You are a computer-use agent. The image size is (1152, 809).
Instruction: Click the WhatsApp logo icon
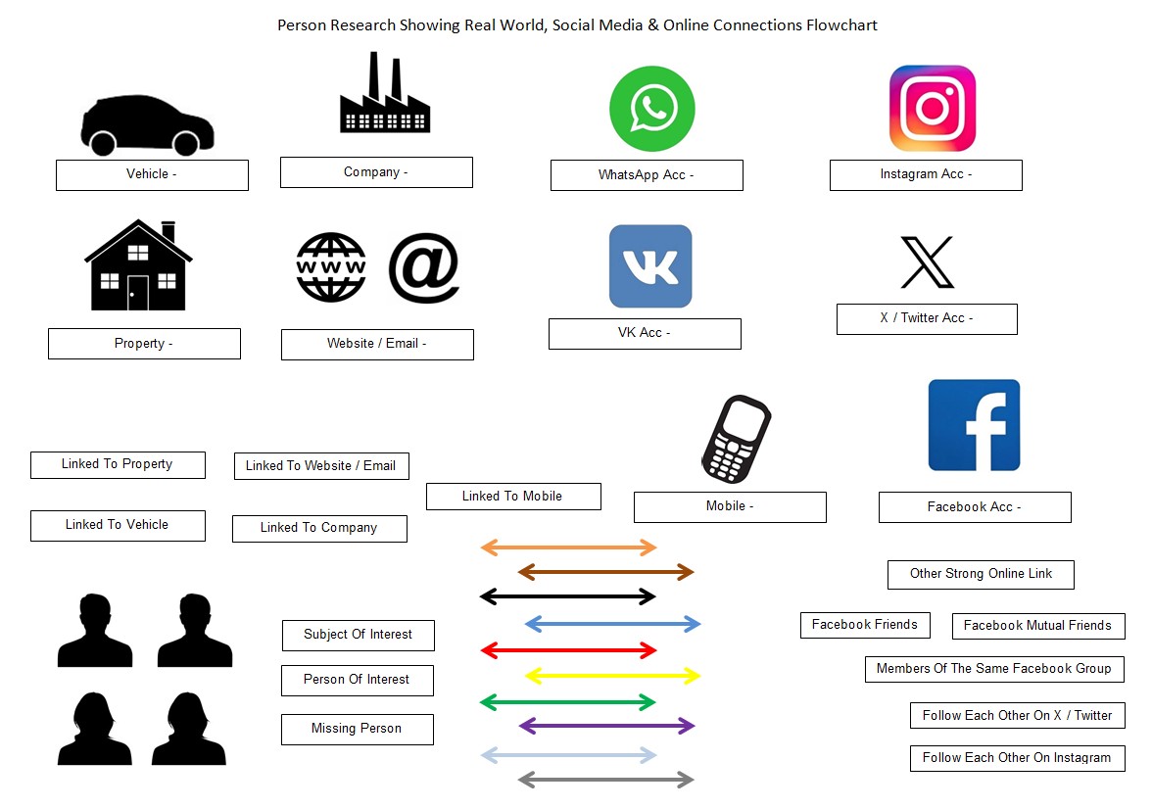click(x=651, y=108)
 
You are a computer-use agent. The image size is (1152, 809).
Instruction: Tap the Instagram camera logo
click(x=932, y=108)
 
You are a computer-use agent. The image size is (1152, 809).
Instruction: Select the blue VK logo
click(x=650, y=266)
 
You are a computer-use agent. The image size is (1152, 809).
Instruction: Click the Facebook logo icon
click(x=974, y=425)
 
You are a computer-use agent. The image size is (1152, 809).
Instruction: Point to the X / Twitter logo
click(x=927, y=262)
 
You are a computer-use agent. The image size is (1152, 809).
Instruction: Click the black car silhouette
click(x=147, y=126)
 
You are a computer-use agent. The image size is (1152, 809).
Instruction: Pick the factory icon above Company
click(x=384, y=95)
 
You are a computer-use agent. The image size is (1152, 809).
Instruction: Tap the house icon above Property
click(x=138, y=265)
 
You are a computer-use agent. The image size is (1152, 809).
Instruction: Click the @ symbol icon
click(x=423, y=267)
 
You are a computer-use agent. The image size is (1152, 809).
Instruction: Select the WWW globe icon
click(x=331, y=267)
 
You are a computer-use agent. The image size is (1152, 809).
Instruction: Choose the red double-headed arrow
click(x=568, y=649)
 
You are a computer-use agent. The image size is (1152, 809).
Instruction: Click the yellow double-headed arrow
click(x=613, y=675)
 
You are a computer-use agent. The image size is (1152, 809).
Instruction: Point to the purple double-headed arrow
click(x=606, y=726)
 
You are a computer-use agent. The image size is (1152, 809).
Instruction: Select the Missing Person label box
click(x=357, y=729)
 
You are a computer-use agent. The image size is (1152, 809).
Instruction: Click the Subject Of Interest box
click(x=358, y=635)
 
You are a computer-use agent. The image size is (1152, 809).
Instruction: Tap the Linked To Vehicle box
click(x=118, y=525)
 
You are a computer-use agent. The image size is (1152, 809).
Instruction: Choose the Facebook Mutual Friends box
click(x=1037, y=626)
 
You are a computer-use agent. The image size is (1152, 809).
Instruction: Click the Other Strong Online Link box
click(x=981, y=574)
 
